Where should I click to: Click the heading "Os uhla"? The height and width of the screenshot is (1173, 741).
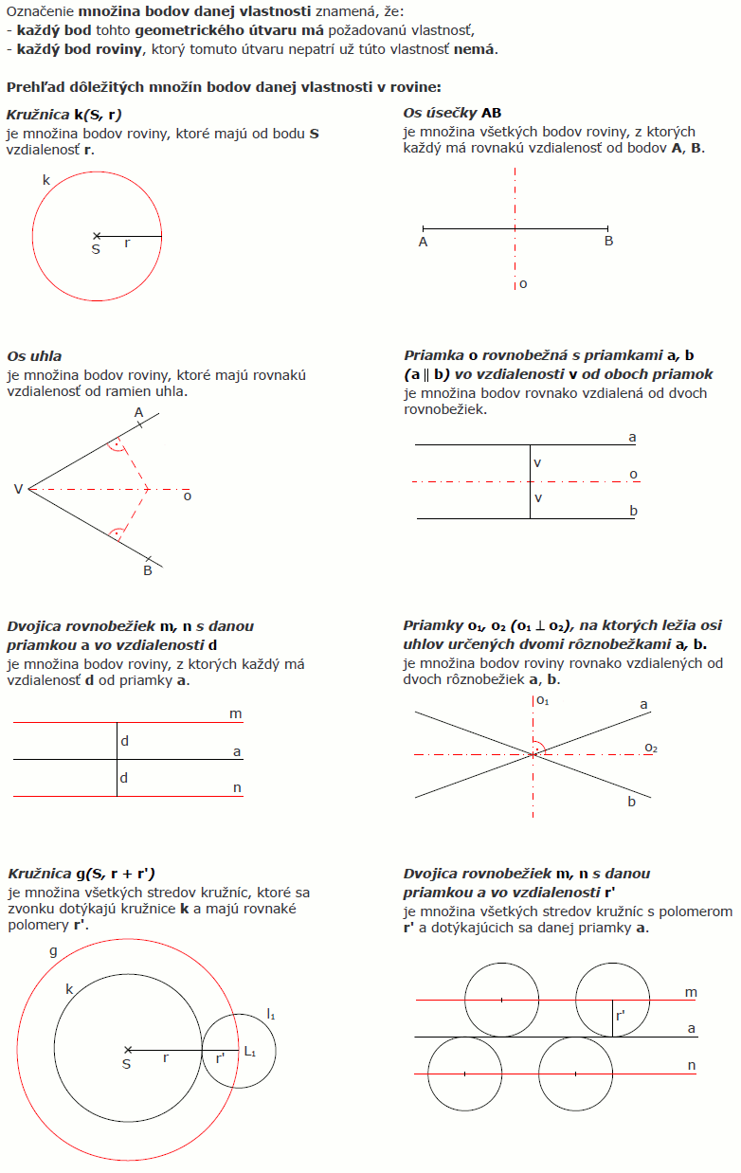point(34,356)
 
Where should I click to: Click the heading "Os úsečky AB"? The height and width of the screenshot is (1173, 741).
point(452,113)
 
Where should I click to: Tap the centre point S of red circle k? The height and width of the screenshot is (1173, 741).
point(96,236)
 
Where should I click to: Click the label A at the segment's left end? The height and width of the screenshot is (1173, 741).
point(423,242)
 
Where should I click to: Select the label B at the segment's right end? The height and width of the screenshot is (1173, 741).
point(608,242)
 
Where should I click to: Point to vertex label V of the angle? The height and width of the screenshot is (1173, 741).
point(18,489)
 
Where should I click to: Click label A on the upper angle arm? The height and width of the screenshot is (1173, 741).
point(138,412)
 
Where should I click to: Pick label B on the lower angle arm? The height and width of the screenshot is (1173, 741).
point(148,570)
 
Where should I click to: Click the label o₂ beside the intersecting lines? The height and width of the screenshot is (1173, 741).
point(651,748)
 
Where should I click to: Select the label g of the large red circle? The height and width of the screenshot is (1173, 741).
point(53,949)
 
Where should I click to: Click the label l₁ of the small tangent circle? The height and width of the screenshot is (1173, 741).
point(271,1016)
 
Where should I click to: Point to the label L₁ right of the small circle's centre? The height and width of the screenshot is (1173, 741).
point(250,1051)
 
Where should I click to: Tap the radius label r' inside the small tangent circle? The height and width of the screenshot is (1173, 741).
point(220,1058)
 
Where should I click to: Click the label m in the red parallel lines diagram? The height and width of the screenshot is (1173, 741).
point(235,713)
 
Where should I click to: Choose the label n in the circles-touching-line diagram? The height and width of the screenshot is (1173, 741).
point(691,1065)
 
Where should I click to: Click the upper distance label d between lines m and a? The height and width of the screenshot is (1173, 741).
point(124,740)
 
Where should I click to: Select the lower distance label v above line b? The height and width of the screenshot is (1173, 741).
point(538,498)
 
